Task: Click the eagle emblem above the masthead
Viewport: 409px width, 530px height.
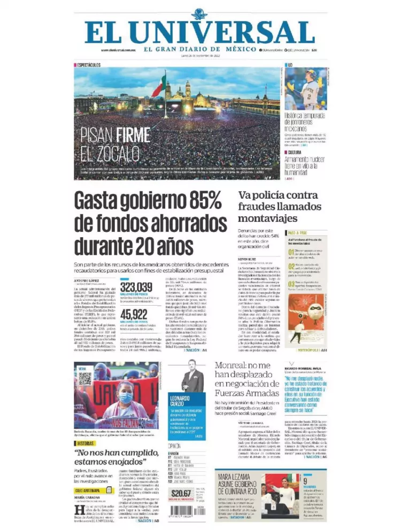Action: (x=198, y=13)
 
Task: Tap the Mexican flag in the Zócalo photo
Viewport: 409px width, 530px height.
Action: (x=159, y=87)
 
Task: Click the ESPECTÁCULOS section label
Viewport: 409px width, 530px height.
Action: (x=89, y=65)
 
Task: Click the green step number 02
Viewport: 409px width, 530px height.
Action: (x=291, y=266)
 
